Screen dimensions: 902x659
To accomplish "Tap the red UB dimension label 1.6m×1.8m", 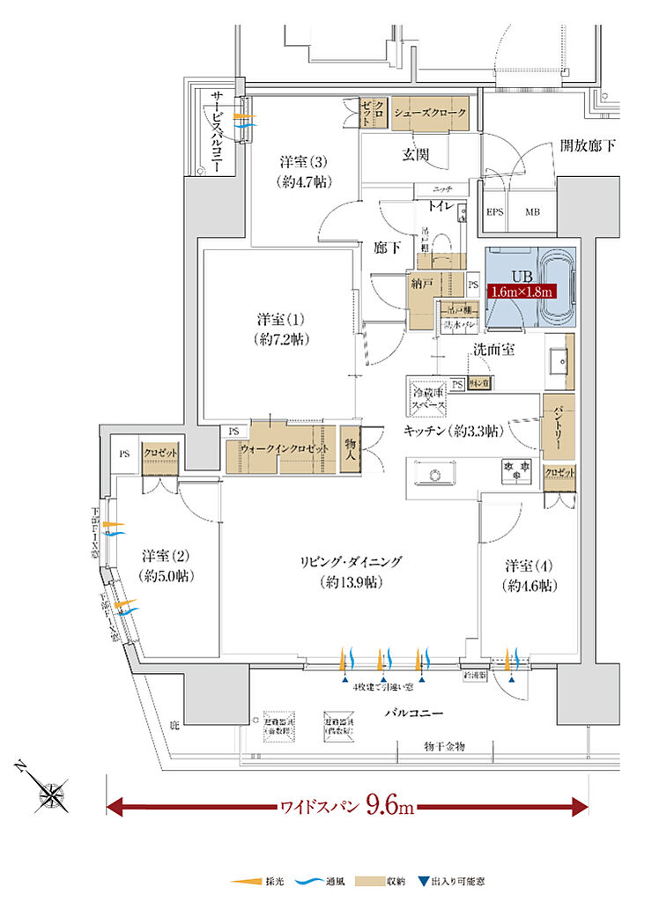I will coord(520,292).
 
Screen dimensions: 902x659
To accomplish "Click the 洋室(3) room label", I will coord(304,171).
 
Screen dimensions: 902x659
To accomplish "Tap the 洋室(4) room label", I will coord(530,574).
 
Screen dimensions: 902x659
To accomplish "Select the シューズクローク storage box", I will coord(429,114).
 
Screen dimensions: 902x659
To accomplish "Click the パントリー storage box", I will coord(559,429).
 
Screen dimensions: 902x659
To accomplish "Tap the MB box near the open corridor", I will coord(533,212).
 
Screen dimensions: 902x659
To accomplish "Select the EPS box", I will coord(496,212).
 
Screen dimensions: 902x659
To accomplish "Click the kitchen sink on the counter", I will coord(433,476).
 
